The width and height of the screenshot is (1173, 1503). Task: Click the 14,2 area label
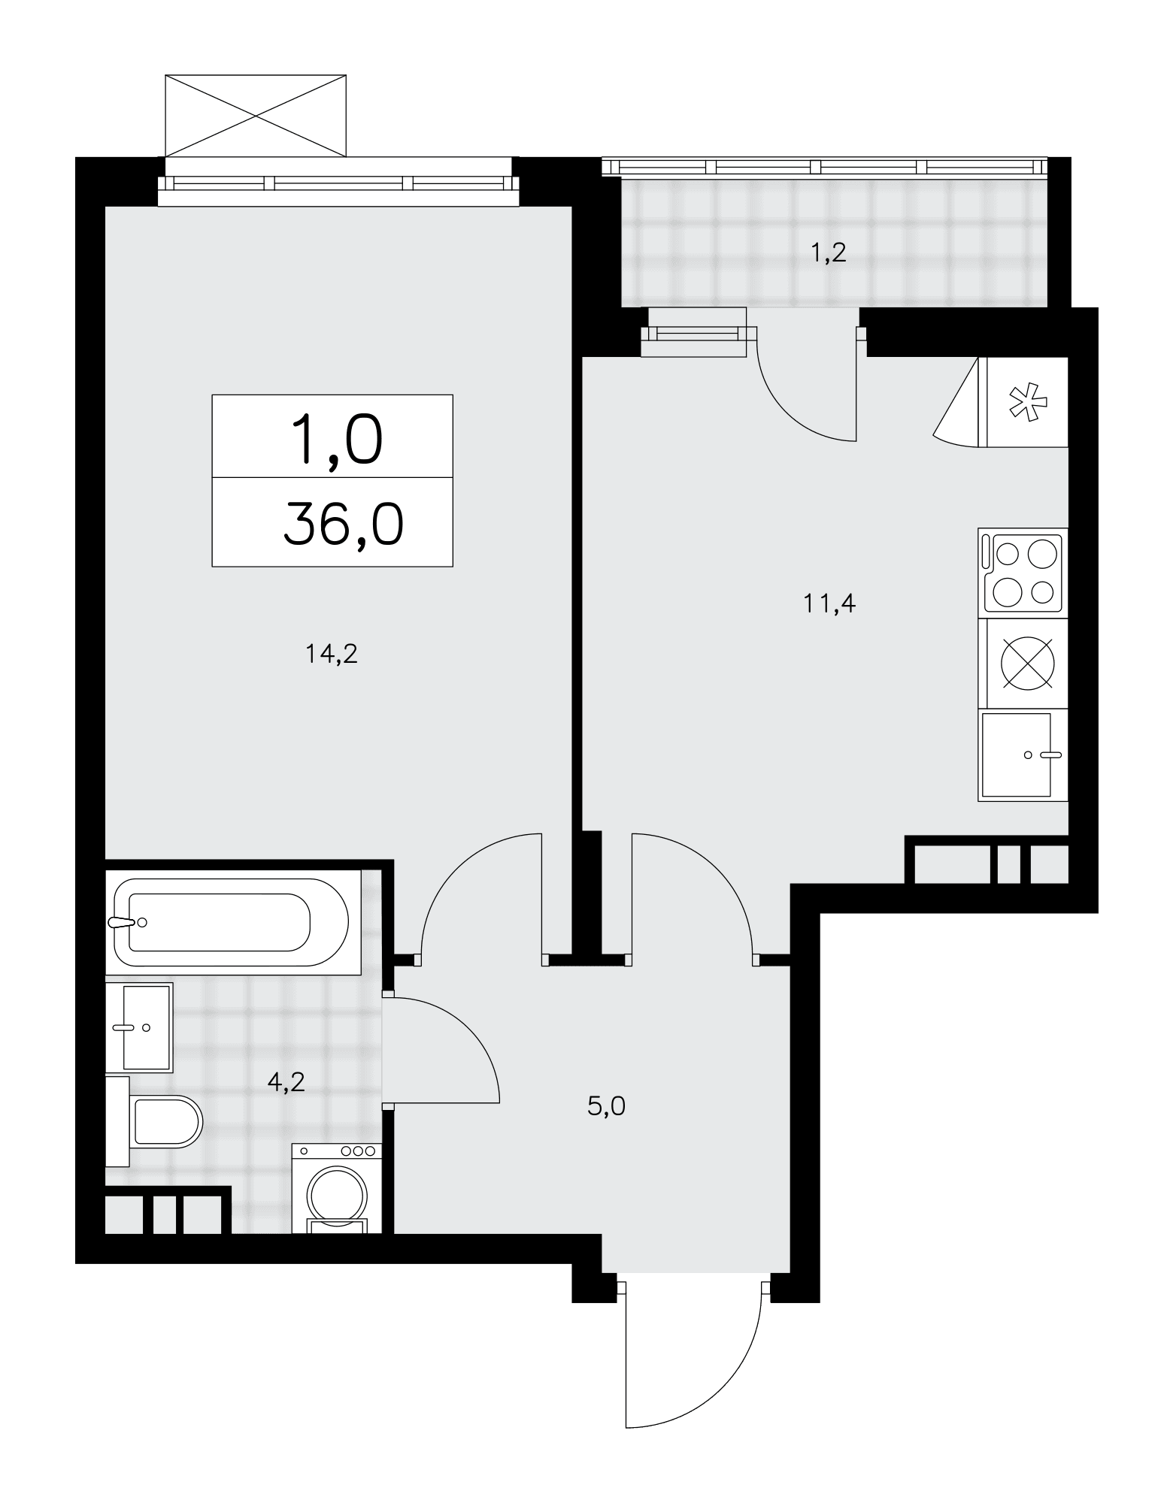coord(331,655)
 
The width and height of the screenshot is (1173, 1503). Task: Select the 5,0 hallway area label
coord(607,1106)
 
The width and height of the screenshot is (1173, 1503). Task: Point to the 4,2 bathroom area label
coord(286,1082)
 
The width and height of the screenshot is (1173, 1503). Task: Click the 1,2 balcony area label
coord(829,253)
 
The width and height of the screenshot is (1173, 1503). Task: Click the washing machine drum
coord(337,1196)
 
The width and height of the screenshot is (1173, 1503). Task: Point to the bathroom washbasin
coord(139,1027)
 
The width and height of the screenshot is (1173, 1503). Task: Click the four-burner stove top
coord(1023,573)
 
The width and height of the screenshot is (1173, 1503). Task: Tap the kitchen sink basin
coord(1015,755)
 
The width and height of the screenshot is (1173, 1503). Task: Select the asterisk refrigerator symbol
coord(1027,402)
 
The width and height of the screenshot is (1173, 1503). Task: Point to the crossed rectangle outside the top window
coord(256,116)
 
